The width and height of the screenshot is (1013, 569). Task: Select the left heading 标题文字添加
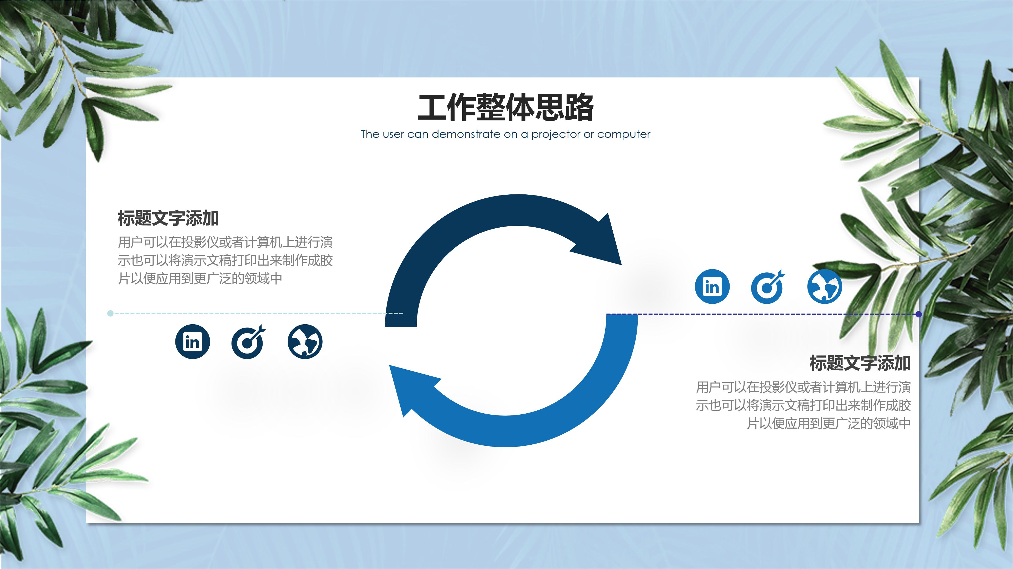[x=168, y=218]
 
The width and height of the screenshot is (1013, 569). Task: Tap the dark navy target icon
[x=248, y=341]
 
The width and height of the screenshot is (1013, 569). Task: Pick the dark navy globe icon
[x=305, y=341]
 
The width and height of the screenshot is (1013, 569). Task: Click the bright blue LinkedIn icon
[x=712, y=286]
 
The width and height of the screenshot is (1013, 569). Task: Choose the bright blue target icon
[x=768, y=287]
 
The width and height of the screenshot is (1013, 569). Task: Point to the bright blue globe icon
[x=825, y=286]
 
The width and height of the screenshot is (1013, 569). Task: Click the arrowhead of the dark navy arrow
[x=602, y=242]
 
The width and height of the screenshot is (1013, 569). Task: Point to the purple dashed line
[x=767, y=314]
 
